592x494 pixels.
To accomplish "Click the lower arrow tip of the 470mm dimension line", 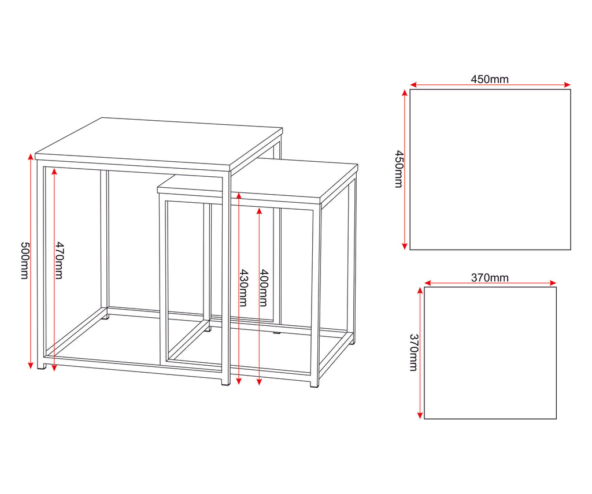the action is point(54,370).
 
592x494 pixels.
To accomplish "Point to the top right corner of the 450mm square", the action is point(571,90).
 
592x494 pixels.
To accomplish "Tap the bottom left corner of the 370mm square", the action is point(424,418).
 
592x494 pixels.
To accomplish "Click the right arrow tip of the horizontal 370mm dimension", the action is point(557,283).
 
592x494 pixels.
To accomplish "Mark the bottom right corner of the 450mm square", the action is point(571,250).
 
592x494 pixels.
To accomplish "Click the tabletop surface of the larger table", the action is point(158,143).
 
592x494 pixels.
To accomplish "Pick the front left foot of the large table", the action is point(42,366).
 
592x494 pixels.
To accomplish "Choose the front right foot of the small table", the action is point(314,384).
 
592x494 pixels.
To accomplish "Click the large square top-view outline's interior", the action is point(490,169).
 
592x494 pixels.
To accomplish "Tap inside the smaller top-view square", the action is point(490,353).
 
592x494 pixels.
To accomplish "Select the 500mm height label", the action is point(24,261).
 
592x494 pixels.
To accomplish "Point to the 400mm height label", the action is point(264,288).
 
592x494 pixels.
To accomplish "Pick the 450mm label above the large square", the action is point(490,79).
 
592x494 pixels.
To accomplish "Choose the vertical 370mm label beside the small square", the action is point(414,352).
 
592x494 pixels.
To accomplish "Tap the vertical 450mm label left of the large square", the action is point(399,169).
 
